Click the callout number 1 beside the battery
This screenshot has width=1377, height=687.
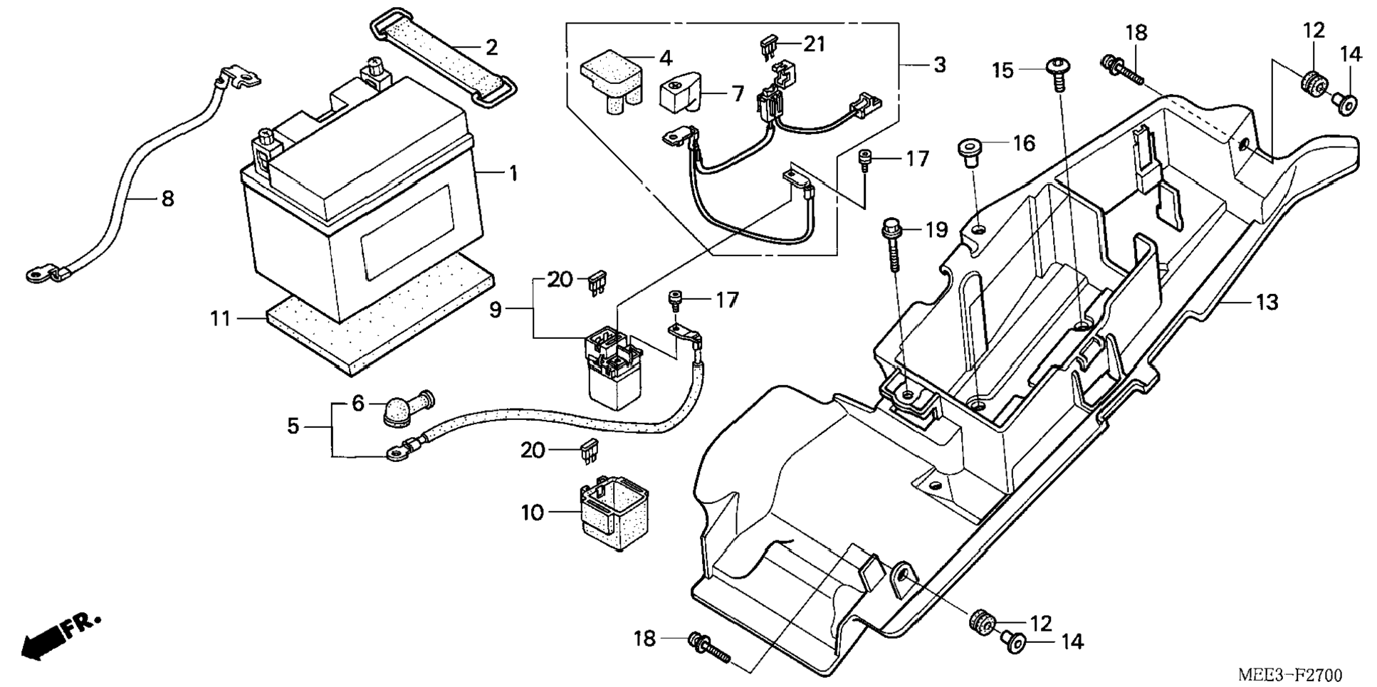pyautogui.click(x=513, y=173)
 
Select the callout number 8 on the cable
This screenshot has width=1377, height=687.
pyautogui.click(x=167, y=199)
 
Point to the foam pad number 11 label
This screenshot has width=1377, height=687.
pyautogui.click(x=220, y=318)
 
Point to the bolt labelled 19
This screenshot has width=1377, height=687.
pyautogui.click(x=892, y=246)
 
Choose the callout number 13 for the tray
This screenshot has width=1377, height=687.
pyautogui.click(x=1267, y=302)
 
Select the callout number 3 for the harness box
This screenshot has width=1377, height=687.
pyautogui.click(x=939, y=65)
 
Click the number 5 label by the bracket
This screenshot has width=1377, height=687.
pyautogui.click(x=293, y=426)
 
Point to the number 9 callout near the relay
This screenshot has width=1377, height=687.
pyautogui.click(x=496, y=310)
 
